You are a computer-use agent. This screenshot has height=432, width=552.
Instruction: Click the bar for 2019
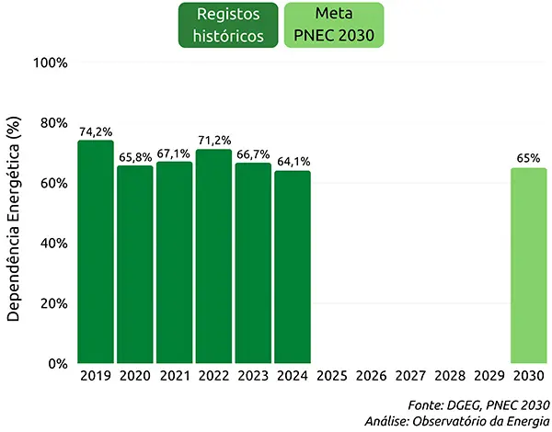tap(95, 252)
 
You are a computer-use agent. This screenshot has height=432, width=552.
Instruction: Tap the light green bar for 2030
tap(528, 266)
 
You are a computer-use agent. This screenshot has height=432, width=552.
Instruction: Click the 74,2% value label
tap(95, 131)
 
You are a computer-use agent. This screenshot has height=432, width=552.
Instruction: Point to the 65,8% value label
tap(134, 157)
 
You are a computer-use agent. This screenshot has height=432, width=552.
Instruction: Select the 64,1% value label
tap(293, 162)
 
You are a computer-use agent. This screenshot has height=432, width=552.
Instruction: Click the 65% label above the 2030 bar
tap(528, 158)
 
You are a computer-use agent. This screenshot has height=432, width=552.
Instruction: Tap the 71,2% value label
tap(213, 141)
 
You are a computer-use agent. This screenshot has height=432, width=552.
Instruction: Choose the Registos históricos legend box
tap(229, 26)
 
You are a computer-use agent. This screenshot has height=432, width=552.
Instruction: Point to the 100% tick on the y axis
tap(51, 63)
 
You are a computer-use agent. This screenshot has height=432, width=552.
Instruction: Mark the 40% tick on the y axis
tap(53, 243)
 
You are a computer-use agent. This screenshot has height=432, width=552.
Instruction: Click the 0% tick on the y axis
tap(57, 363)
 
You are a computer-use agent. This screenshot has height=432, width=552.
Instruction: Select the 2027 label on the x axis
tap(410, 376)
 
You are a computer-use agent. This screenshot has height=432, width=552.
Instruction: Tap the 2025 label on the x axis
tap(331, 376)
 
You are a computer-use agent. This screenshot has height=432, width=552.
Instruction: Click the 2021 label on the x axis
tap(174, 376)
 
